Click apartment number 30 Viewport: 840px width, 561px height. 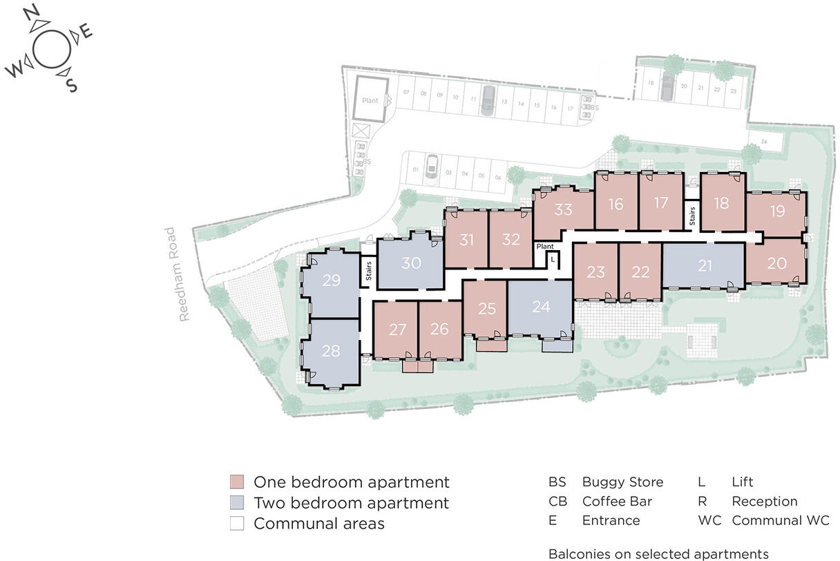[x=411, y=263]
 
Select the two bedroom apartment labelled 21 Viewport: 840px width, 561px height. [x=705, y=266]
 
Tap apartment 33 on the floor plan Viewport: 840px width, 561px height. [x=564, y=209]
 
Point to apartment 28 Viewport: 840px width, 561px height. [x=331, y=351]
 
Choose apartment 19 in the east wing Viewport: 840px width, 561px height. [x=777, y=211]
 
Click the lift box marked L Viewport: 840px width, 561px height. [x=553, y=259]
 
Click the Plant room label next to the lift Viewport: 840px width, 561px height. [x=545, y=246]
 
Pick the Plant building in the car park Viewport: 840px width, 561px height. [x=370, y=100]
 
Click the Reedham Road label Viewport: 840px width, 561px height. [x=184, y=274]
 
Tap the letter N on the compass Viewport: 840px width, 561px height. [x=30, y=13]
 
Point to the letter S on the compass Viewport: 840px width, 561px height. [x=71, y=85]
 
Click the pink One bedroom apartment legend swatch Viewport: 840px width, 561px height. [x=236, y=482]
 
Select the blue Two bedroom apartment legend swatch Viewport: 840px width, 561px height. [x=236, y=503]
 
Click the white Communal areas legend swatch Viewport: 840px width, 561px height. [x=236, y=524]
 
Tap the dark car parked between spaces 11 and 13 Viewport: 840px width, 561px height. [x=488, y=99]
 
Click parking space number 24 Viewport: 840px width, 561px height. [x=763, y=142]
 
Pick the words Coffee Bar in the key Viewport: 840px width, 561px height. [x=617, y=502]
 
